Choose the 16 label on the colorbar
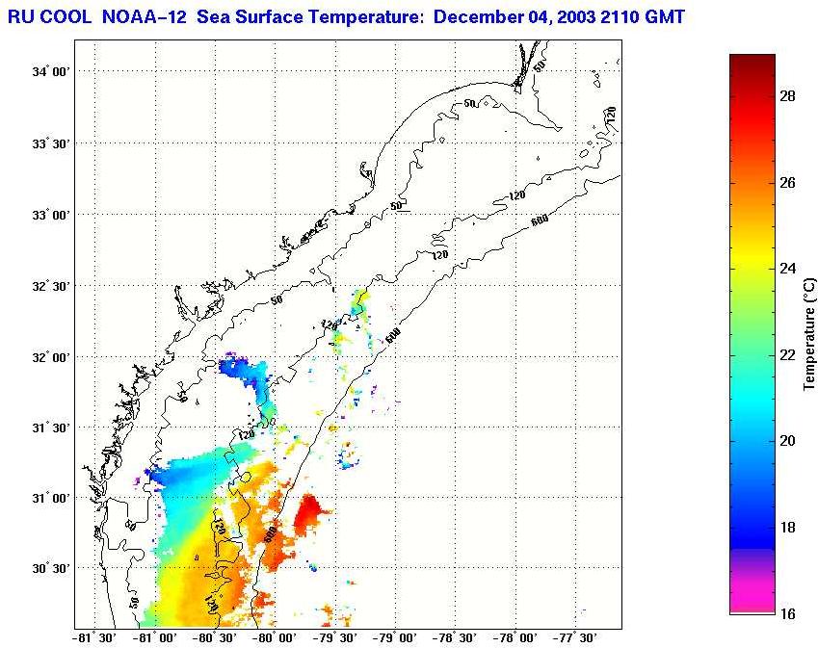coord(786,613)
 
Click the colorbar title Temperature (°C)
coord(810,333)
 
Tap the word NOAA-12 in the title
coord(145,17)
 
